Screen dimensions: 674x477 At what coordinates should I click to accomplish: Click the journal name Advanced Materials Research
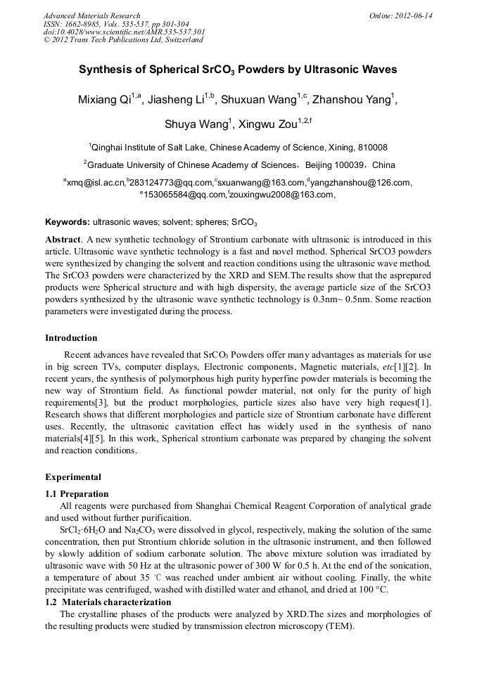point(91,15)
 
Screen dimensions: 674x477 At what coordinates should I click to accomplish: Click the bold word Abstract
point(63,239)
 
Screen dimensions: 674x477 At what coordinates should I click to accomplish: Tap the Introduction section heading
point(71,338)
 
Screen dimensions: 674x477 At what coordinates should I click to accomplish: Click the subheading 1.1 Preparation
point(77,494)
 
